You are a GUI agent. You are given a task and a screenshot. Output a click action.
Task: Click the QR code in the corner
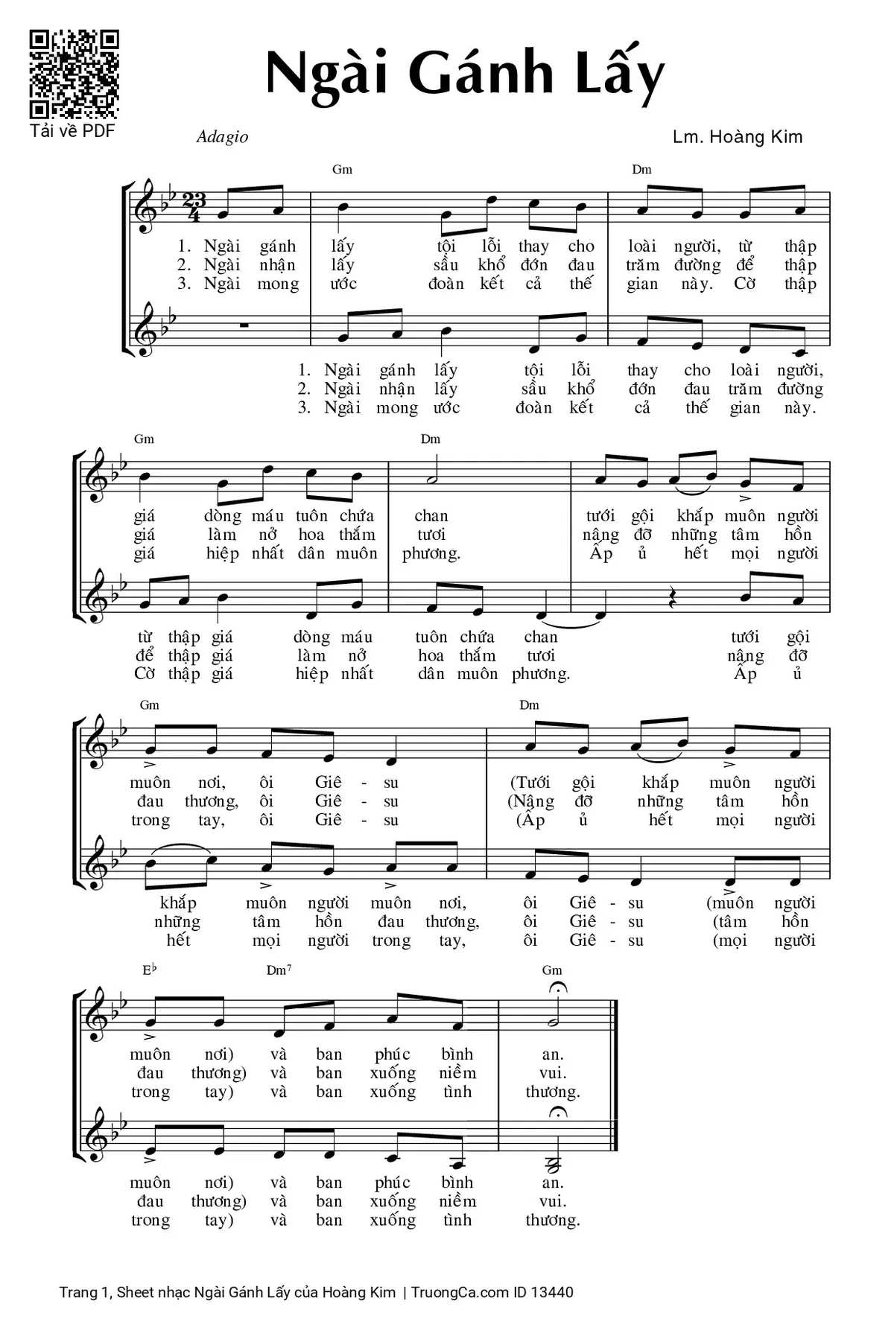[x=74, y=74]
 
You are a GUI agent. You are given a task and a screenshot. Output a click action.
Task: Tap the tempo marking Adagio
[x=222, y=137]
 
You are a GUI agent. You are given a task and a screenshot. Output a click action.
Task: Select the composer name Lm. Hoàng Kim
[x=737, y=137]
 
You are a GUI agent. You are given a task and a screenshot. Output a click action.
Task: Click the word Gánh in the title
[x=481, y=74]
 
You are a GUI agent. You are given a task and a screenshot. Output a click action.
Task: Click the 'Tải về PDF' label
[x=72, y=131]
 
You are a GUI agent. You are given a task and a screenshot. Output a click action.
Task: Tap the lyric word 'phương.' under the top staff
[x=431, y=553]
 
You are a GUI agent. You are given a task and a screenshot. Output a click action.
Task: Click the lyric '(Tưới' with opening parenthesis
[x=530, y=783]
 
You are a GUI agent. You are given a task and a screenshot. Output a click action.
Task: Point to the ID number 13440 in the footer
[x=552, y=1292]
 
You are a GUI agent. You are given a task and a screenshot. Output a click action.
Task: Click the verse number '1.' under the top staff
[x=185, y=246]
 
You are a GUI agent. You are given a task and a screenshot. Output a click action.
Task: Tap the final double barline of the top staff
[x=615, y=1011]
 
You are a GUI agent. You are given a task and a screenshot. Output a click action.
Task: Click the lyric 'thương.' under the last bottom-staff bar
[x=553, y=1220]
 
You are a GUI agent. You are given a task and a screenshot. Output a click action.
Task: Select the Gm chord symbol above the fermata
[x=552, y=970]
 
